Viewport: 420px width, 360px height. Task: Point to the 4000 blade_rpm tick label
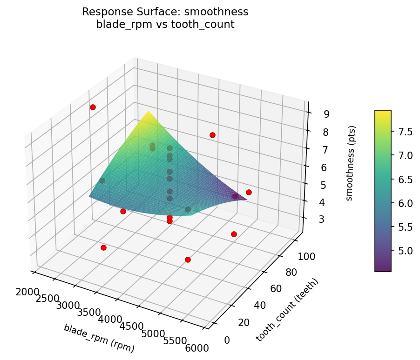112,320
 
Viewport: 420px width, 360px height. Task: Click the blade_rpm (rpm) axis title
99,338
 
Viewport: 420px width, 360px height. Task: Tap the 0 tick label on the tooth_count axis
227,340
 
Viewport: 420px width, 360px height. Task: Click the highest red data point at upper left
93,107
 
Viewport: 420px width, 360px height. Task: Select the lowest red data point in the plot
188,260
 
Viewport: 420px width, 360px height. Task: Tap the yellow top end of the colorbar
383,112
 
